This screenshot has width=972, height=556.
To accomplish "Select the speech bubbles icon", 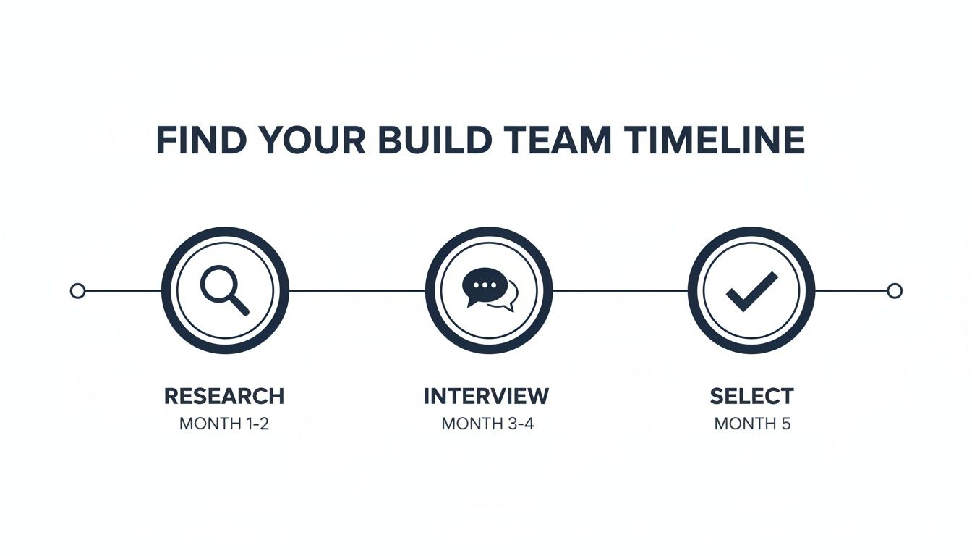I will coord(489,290).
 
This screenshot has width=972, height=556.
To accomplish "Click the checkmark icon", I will coord(751,291).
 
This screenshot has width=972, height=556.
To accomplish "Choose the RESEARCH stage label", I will coord(224,397).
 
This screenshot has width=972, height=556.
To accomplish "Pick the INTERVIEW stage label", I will coord(486,397).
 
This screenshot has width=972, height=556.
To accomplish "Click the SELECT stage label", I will coord(751,397).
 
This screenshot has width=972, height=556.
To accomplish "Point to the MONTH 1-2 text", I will coord(224,424).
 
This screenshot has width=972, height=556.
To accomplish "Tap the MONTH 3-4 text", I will coord(487,424).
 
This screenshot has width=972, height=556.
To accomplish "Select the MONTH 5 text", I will coord(752,424).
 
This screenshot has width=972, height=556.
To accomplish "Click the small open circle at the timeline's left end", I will coord(77,291).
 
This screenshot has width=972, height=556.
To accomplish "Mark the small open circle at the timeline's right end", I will coord(895,291).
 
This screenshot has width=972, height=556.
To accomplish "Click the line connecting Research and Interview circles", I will coord(357,291).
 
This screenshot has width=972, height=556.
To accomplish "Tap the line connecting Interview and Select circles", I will coord(620,291).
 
